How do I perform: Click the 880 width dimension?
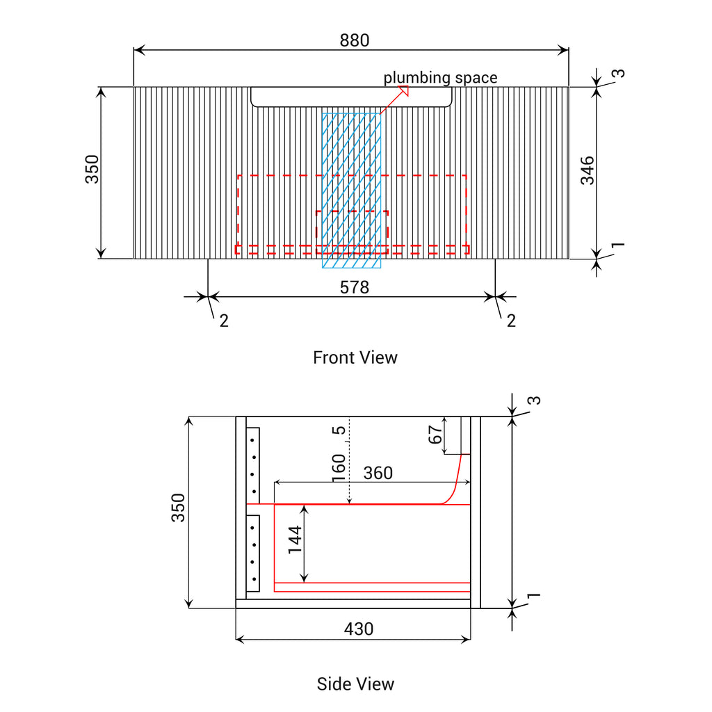(x=354, y=40)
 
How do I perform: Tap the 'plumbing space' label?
(x=440, y=78)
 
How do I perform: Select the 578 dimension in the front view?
(x=354, y=287)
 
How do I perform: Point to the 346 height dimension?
(x=588, y=170)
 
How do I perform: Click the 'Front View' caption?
(x=355, y=358)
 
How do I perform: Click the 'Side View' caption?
(x=355, y=684)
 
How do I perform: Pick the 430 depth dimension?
(x=359, y=629)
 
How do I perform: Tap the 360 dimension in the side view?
(x=378, y=473)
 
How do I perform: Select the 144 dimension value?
(x=295, y=540)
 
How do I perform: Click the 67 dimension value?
(x=435, y=435)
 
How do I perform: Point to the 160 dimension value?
(x=339, y=468)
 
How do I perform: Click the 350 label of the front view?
(x=92, y=170)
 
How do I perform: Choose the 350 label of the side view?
(x=178, y=508)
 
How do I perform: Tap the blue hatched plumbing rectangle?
(x=351, y=191)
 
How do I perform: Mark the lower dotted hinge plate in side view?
(x=253, y=553)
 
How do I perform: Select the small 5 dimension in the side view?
(x=339, y=430)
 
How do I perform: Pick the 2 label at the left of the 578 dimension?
(x=224, y=321)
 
